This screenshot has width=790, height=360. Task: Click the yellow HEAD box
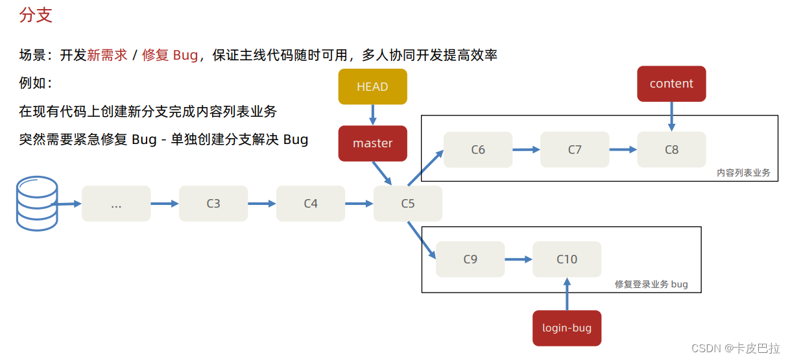click(372, 87)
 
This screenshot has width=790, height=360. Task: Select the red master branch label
click(372, 143)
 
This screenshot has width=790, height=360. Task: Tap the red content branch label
click(671, 84)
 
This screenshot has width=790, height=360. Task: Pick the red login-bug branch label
click(567, 328)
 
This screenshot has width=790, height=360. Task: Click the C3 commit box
click(213, 204)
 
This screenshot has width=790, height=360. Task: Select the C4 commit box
click(311, 204)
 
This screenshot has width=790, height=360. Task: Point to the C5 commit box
click(407, 204)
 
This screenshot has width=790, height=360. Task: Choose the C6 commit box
click(478, 150)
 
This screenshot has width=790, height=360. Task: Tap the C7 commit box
click(575, 150)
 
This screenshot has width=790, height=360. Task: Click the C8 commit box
click(671, 150)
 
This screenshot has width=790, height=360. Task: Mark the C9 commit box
click(470, 259)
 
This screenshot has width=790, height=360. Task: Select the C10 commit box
click(567, 259)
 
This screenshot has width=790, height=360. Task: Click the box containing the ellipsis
click(116, 204)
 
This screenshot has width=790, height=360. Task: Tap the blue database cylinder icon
click(37, 206)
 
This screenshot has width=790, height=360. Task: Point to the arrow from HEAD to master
click(372, 115)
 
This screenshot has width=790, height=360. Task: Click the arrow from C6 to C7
click(526, 150)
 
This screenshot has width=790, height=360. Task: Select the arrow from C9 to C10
click(518, 259)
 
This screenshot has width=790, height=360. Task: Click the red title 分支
click(36, 16)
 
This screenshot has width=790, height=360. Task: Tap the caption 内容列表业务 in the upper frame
click(743, 173)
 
